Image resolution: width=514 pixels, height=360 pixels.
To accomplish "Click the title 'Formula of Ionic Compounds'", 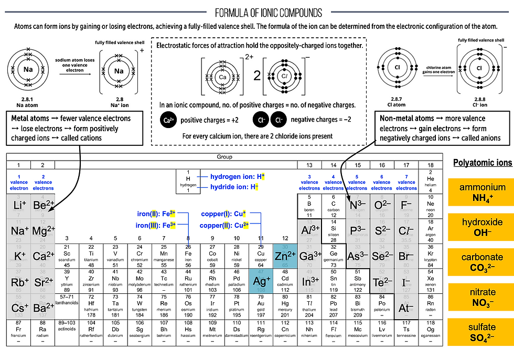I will (269, 12).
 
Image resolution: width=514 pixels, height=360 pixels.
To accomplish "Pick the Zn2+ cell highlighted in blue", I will (285, 256).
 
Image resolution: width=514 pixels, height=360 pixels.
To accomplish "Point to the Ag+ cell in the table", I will (261, 281).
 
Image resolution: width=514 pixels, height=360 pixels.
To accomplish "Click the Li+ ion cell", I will (19, 205).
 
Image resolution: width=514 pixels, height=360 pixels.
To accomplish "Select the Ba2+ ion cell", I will (43, 308).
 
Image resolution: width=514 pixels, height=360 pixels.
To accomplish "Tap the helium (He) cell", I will (431, 181).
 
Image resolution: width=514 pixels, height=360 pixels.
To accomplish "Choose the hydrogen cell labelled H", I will (188, 181).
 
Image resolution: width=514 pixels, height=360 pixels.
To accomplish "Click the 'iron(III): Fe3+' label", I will (155, 225).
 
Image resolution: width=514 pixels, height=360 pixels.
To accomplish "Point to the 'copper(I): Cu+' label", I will (223, 214).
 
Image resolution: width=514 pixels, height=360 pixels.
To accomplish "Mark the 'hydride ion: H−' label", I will (233, 187).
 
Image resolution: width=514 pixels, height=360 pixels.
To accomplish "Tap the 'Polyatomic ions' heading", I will (482, 163).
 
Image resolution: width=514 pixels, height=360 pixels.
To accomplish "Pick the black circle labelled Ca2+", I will (168, 120).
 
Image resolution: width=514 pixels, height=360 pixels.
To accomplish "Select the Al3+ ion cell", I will (309, 231).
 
